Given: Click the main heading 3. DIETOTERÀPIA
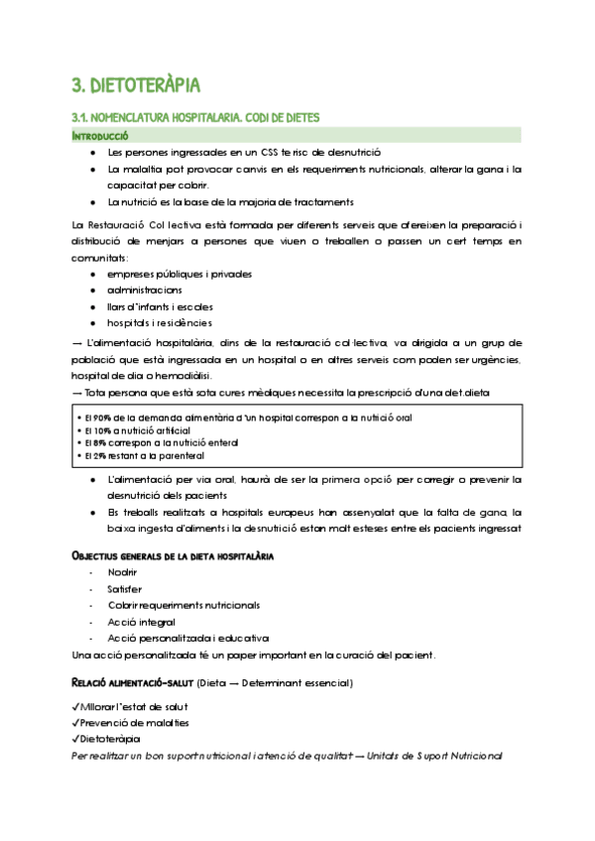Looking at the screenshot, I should [136, 82].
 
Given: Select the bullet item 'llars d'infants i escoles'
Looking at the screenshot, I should [160, 306].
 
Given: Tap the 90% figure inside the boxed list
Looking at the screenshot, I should [95, 418].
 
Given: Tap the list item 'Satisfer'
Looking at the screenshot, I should [126, 589].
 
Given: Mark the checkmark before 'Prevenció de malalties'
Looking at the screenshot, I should [75, 722].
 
